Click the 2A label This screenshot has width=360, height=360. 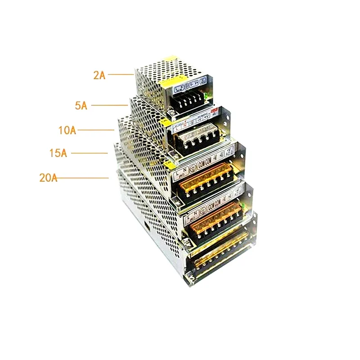pyautogui.click(x=99, y=75)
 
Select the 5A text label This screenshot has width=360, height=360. pyautogui.click(x=81, y=106)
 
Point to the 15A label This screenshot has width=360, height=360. pyautogui.click(x=58, y=153)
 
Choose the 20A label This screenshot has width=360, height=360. pyautogui.click(x=48, y=178)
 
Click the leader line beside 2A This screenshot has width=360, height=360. pyautogui.click(x=121, y=75)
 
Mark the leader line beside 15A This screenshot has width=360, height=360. pyautogui.click(x=90, y=153)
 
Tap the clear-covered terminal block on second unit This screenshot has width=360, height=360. pyautogui.click(x=198, y=136)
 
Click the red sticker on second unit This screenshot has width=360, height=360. pyautogui.click(x=214, y=109)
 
